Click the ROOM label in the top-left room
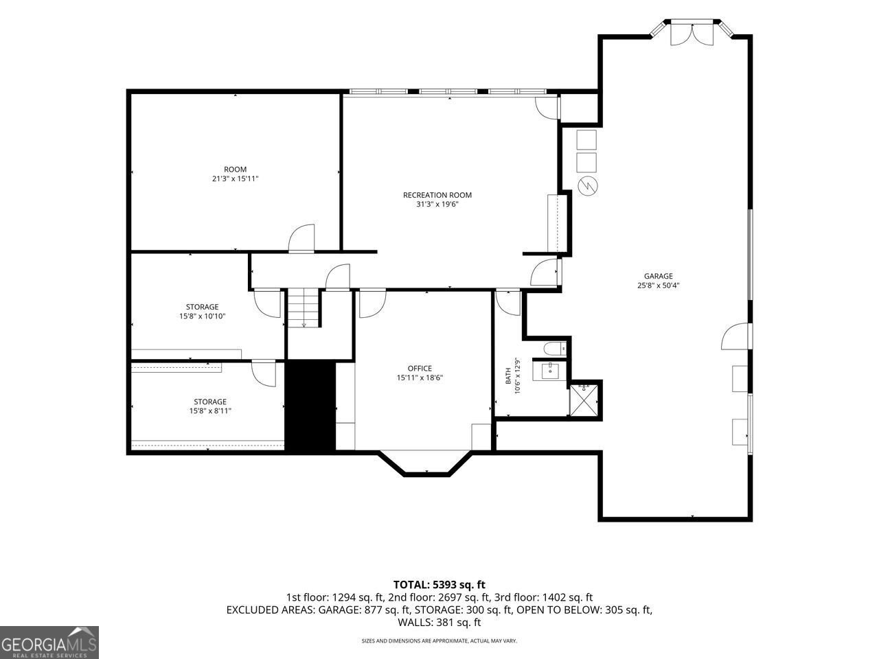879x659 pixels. coord(235,170)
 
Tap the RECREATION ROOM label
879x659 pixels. coord(437,195)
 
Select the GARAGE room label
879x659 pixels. coord(659,276)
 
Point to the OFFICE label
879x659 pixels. coord(420,368)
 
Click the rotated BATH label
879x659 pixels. coord(508,375)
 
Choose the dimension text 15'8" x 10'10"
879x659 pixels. coord(202,316)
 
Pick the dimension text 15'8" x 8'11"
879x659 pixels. coord(210,411)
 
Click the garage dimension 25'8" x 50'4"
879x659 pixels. coord(659,286)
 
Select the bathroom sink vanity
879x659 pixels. coord(549,370)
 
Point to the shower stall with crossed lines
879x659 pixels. coord(584,400)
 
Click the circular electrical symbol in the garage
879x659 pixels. coord(587,185)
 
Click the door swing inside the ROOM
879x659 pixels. coord(301,238)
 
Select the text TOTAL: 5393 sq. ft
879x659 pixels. coord(439,585)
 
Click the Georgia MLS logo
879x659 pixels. coord(49,643)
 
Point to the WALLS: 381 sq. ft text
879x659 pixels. coord(439,622)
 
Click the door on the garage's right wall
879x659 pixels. coord(736,336)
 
